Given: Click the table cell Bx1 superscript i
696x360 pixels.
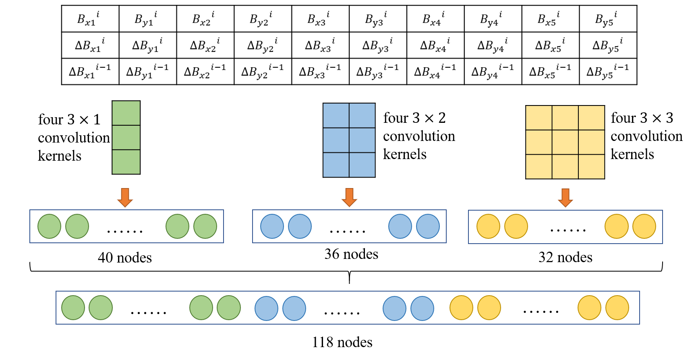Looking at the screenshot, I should (90, 19).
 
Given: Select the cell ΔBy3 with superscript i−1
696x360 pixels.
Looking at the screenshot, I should (377, 72).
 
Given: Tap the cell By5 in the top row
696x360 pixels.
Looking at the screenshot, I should (607, 19).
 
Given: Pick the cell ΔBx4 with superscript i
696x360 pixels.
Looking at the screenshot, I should (435, 45).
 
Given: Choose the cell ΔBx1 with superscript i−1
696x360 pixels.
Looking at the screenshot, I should (90, 72).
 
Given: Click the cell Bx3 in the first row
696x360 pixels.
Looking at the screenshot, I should (320, 19).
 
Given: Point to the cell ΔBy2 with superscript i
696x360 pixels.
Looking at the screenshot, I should (263, 45).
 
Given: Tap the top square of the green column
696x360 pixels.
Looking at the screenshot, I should (126, 113).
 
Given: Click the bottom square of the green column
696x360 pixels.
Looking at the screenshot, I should (126, 162).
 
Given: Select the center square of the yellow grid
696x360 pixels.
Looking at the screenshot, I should (565, 142).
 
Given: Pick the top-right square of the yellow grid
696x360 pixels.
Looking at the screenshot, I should (591, 118).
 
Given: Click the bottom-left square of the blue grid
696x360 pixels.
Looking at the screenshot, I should (336, 165).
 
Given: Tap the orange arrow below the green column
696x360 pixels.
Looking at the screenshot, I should (125, 197).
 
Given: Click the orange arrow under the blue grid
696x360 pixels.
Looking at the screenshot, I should (349, 197).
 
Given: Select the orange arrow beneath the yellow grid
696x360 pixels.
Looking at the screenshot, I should (565, 198).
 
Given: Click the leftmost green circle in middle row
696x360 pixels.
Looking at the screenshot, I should (49, 226).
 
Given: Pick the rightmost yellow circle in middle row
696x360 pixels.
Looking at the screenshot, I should (644, 226).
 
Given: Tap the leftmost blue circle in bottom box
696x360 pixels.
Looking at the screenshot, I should (266, 308).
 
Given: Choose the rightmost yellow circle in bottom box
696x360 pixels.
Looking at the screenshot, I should (617, 308).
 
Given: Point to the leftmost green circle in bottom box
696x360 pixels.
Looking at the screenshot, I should (73, 308).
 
